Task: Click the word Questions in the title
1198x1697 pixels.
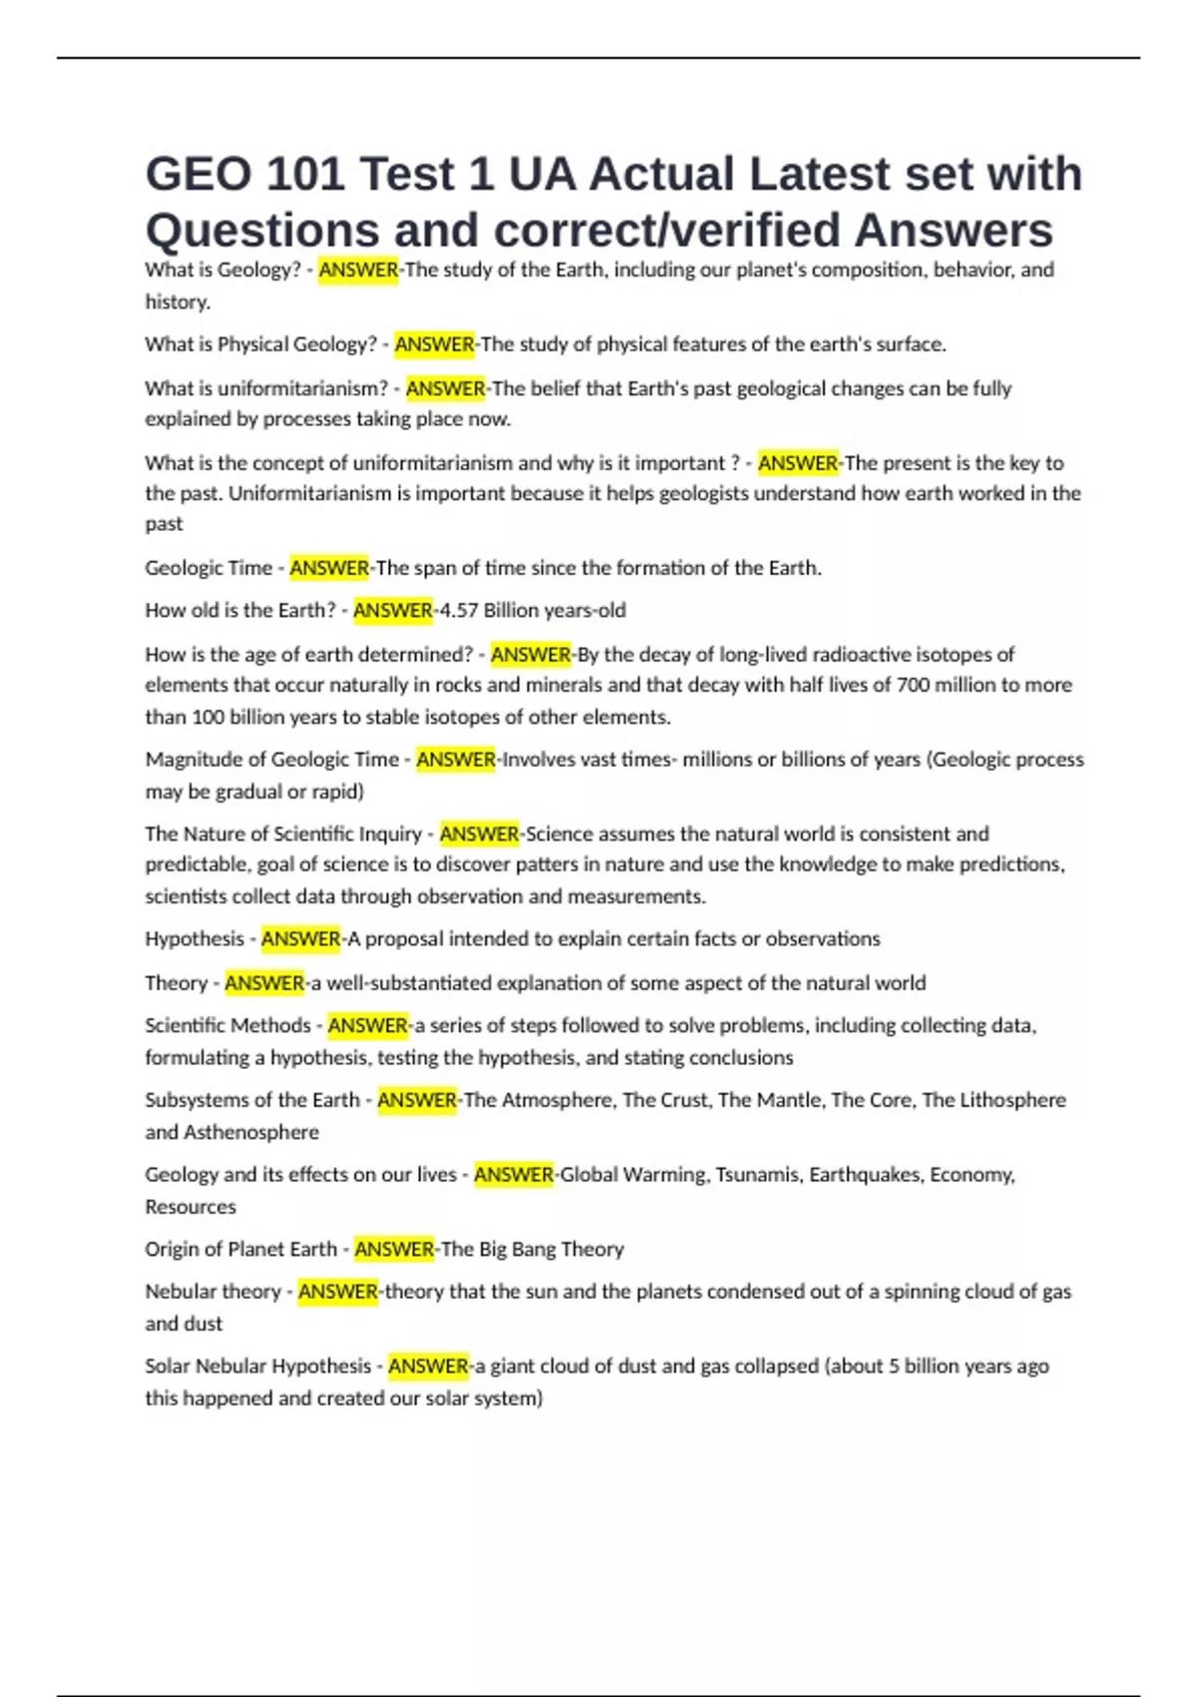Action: [x=262, y=231]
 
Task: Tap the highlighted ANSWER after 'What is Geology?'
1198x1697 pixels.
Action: [x=358, y=270]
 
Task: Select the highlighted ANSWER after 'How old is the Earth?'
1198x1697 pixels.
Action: [x=393, y=610]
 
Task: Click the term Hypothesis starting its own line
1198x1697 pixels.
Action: [x=195, y=939]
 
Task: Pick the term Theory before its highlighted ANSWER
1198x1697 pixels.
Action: [x=176, y=983]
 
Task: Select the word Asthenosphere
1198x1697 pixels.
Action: [x=252, y=1132]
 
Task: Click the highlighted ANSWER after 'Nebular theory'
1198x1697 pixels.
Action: [x=338, y=1292]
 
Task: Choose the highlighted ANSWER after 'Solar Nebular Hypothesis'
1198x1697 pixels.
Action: [x=428, y=1367]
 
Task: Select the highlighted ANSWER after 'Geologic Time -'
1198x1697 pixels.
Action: [x=329, y=568]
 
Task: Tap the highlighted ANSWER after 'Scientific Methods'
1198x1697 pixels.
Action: [x=368, y=1025]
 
